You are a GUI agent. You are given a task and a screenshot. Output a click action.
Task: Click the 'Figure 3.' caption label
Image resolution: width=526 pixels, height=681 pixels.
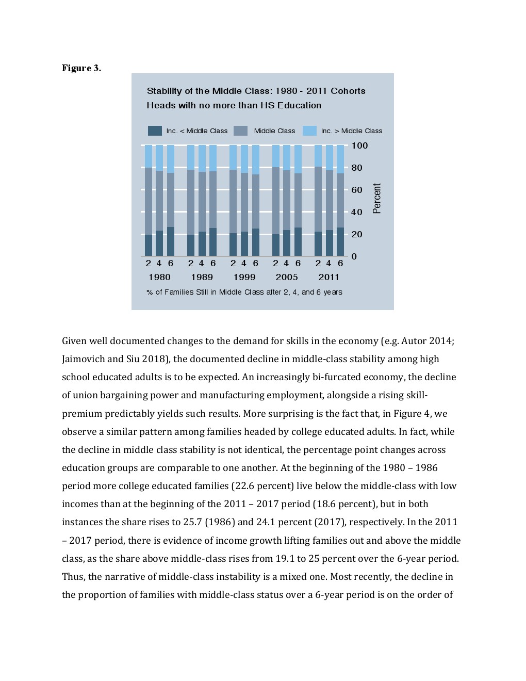pyautogui.click(x=81, y=68)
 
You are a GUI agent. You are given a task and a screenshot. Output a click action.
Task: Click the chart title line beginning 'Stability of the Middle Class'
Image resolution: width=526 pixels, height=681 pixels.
pyautogui.click(x=256, y=91)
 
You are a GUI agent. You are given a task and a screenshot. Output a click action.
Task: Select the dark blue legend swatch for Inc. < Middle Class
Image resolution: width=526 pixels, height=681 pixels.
pyautogui.click(x=155, y=131)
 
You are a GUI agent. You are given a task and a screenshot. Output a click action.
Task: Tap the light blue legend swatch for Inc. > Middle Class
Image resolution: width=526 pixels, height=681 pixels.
pyautogui.click(x=309, y=131)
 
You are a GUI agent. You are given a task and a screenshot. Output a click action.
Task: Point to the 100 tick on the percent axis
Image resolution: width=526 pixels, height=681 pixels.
pyautogui.click(x=359, y=145)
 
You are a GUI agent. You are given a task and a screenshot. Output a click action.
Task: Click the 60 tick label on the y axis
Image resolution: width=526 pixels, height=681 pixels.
pyautogui.click(x=357, y=190)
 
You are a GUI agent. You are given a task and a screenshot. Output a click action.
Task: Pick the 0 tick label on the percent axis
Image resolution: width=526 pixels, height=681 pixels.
pyautogui.click(x=354, y=256)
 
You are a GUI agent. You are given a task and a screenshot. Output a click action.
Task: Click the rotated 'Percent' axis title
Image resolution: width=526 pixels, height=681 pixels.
pyautogui.click(x=377, y=198)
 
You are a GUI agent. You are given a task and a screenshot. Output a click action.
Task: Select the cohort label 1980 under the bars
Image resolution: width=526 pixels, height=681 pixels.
pyautogui.click(x=159, y=277)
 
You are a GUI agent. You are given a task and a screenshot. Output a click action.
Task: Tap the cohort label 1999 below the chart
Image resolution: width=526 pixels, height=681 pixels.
pyautogui.click(x=244, y=277)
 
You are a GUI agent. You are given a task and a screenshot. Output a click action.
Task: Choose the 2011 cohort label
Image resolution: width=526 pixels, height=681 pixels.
pyautogui.click(x=329, y=277)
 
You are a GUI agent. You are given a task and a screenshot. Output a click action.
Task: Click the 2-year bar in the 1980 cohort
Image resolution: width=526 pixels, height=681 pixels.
pyautogui.click(x=149, y=201)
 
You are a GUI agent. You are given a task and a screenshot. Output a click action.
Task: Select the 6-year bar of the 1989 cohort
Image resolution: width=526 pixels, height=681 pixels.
pyautogui.click(x=213, y=201)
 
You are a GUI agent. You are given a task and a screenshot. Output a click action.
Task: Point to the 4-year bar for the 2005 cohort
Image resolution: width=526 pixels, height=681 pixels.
pyautogui.click(x=287, y=201)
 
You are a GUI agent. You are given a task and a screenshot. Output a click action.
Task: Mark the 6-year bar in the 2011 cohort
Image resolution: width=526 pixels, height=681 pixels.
pyautogui.click(x=340, y=201)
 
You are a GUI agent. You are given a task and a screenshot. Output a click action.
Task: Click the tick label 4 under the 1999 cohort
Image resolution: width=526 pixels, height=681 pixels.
pyautogui.click(x=244, y=263)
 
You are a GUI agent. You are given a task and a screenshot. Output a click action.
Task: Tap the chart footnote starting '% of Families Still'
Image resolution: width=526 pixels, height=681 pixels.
pyautogui.click(x=244, y=292)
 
